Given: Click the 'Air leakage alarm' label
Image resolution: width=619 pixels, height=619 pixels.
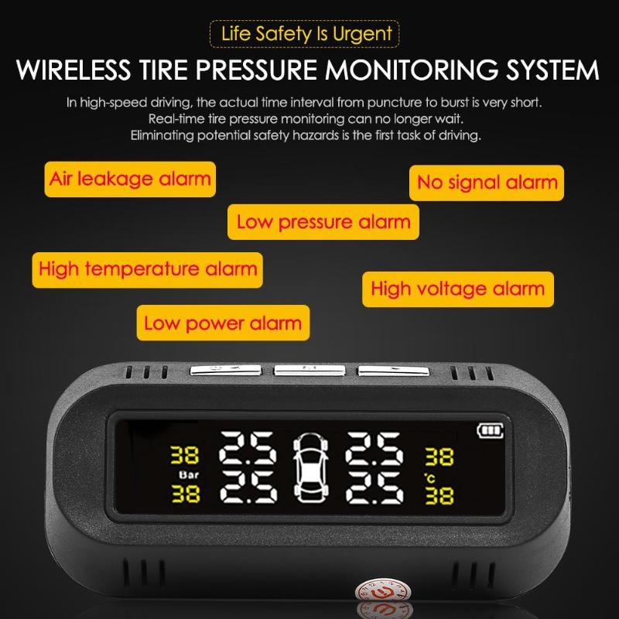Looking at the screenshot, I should click(x=129, y=179).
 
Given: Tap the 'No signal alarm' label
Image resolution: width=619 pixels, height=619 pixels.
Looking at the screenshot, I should click(x=487, y=183).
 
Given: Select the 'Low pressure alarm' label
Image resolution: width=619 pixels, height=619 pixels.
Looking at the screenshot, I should click(x=323, y=222).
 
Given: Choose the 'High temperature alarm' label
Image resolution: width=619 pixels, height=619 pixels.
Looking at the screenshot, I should click(x=147, y=269).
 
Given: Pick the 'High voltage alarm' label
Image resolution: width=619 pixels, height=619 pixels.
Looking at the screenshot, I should click(x=457, y=289).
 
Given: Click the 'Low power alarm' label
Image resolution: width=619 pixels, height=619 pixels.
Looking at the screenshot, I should click(x=222, y=323).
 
